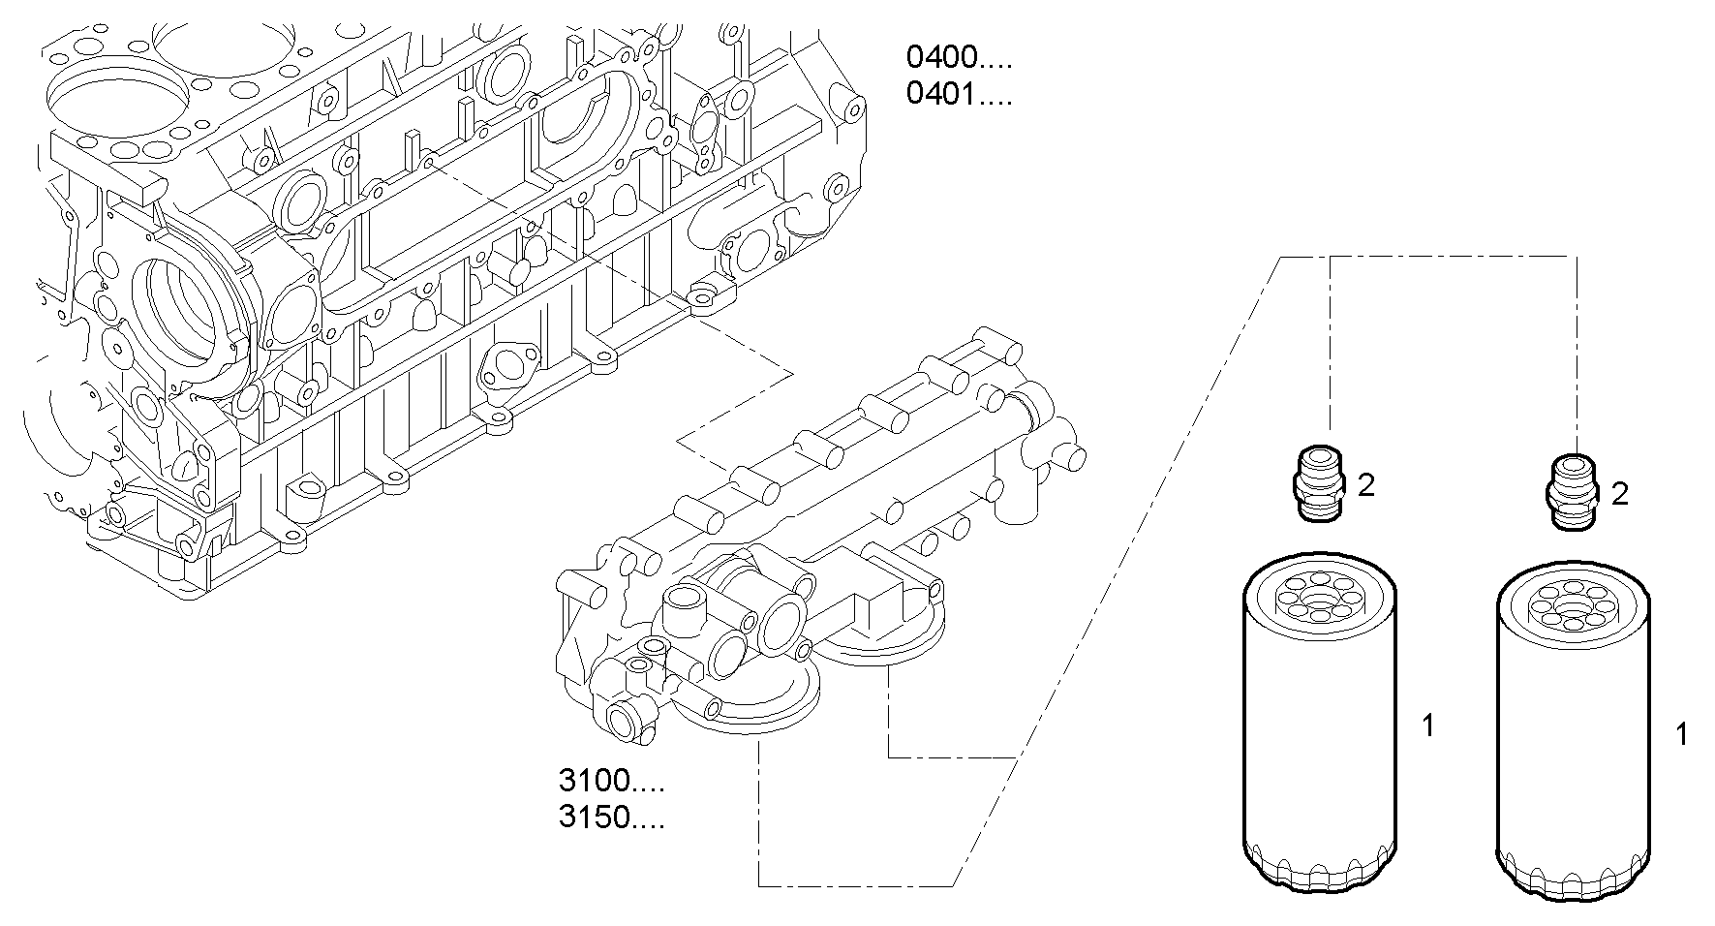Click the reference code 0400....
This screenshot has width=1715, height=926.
pos(958,57)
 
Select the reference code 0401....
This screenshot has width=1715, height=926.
pos(958,95)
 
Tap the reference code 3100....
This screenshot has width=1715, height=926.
pos(611,781)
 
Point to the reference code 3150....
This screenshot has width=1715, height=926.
pos(611,818)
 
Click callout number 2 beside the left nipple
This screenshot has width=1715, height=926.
pos(1366,485)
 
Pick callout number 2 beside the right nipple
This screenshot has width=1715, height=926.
pos(1620,495)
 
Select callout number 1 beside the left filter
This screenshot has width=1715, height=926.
pos(1427,725)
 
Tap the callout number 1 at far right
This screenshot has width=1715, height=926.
pos(1682,735)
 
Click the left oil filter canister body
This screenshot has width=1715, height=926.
pos(1320,736)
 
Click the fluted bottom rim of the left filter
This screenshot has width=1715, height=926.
pos(1320,869)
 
